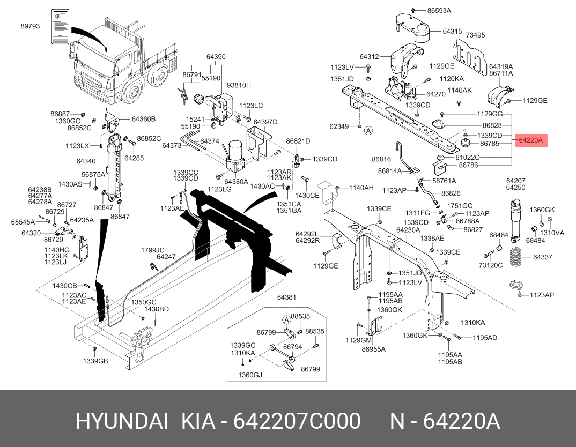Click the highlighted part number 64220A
(530, 140)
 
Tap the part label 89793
(31, 26)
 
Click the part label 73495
(475, 35)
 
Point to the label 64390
(216, 56)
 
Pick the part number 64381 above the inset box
(286, 297)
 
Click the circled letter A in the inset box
(286, 320)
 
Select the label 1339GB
(95, 361)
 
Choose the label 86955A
(373, 349)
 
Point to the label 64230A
(408, 229)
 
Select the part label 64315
(452, 32)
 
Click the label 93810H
(239, 85)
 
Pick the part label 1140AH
(361, 188)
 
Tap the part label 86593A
(439, 10)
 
